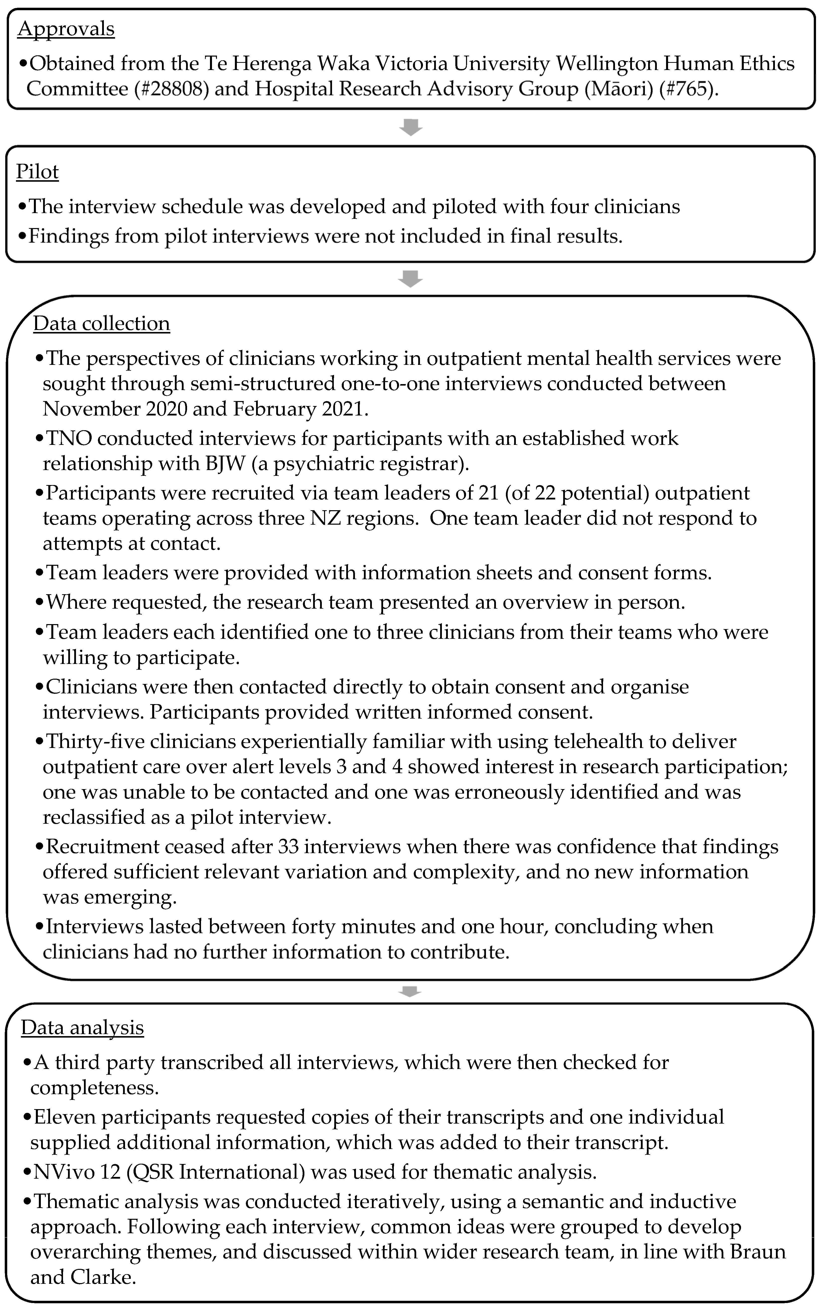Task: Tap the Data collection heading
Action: pos(101,324)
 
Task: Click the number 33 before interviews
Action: pos(288,847)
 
